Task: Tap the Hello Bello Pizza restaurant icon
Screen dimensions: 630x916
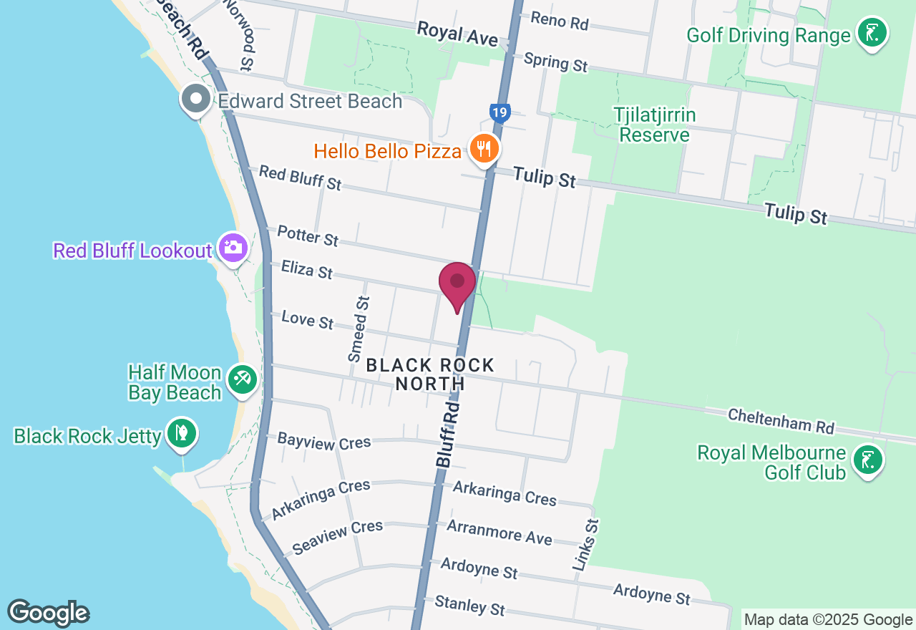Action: point(484,149)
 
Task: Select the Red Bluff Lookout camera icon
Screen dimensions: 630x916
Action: point(233,248)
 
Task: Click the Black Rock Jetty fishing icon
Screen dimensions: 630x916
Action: point(182,433)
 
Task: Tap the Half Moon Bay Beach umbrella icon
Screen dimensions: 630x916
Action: point(242,379)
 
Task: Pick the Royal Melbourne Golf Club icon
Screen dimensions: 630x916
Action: point(869,460)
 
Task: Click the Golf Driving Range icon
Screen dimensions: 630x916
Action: point(872,33)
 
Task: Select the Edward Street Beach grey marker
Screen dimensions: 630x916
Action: point(195,100)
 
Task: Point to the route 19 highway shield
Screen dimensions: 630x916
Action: point(500,112)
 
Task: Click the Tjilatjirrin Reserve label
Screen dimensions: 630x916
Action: point(655,125)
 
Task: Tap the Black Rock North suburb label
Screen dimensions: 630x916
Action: point(430,374)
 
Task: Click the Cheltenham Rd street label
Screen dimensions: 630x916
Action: point(781,421)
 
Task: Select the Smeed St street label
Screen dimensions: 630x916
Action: point(359,330)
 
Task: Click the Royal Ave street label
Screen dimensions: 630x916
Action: point(457,33)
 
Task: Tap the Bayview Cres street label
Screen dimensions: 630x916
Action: point(324,441)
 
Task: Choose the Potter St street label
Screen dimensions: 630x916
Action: point(308,236)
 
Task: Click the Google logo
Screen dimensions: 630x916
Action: point(48,613)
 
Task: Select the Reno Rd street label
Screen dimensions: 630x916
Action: point(559,21)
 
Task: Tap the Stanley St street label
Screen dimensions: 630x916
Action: point(469,605)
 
